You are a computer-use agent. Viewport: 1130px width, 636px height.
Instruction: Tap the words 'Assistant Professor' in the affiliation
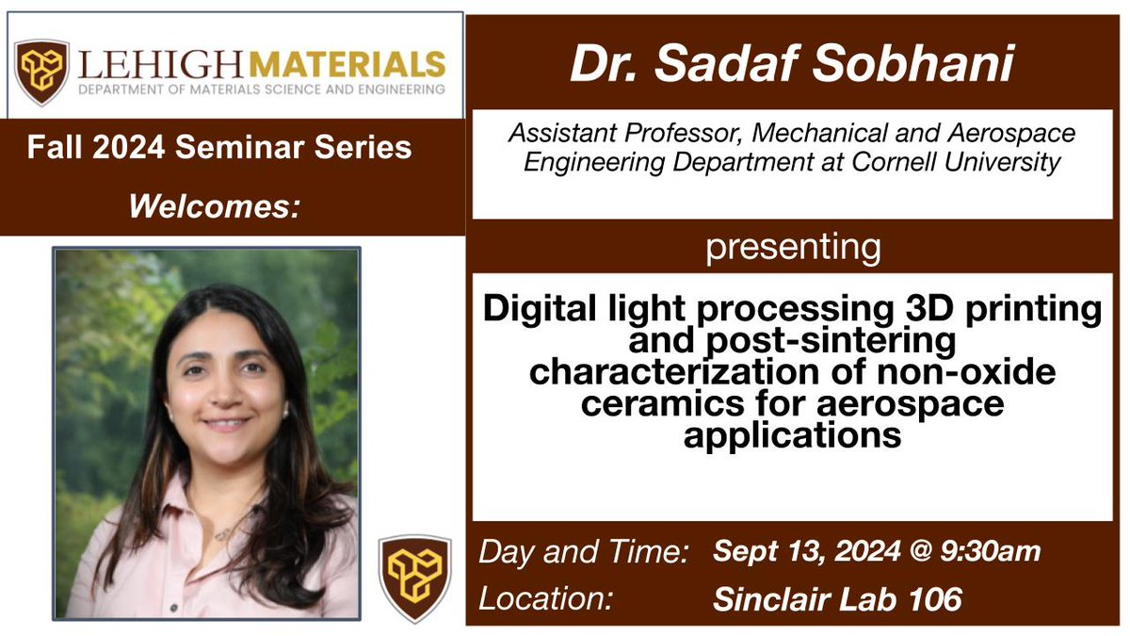click(597, 135)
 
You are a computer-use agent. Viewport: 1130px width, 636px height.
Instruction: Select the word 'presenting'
click(793, 249)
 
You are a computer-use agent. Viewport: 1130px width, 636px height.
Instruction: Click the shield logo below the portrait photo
click(415, 579)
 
